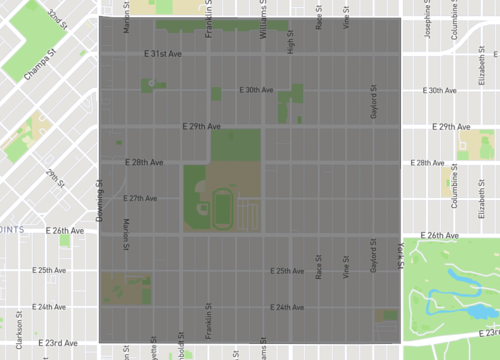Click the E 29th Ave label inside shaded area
tap(200, 127)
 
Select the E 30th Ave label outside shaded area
tap(440, 90)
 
